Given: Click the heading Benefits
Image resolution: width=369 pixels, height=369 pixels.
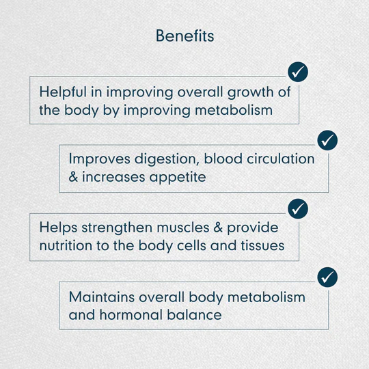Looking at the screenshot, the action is pos(185,36).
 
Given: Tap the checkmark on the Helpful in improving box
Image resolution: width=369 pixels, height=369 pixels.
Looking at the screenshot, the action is pos(298,72).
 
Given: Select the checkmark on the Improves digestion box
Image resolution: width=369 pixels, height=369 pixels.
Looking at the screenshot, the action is pos(327,140).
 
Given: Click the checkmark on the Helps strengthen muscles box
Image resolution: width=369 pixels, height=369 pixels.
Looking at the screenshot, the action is pos(298,208).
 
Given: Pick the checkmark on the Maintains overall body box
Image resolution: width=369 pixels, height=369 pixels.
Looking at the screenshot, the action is pos(327,277).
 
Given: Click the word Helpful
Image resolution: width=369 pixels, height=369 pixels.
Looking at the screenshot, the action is pos(63,92).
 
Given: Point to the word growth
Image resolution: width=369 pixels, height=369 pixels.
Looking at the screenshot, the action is pos(250,92).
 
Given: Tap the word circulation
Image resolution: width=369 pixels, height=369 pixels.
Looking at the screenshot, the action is pos(281,159).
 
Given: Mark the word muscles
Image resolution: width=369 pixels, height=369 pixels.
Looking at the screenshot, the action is pos(183,228).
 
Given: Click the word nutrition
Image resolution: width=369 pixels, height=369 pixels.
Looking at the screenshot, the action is pos(66,246).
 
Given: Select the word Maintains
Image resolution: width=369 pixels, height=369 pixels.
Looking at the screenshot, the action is pos(102,297).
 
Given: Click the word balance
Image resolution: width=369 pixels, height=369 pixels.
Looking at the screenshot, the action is pos(194,314).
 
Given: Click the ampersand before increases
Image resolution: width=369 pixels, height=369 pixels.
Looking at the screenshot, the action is pos(73,177).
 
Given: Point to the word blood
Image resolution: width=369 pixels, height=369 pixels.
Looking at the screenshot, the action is pos(223,159).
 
